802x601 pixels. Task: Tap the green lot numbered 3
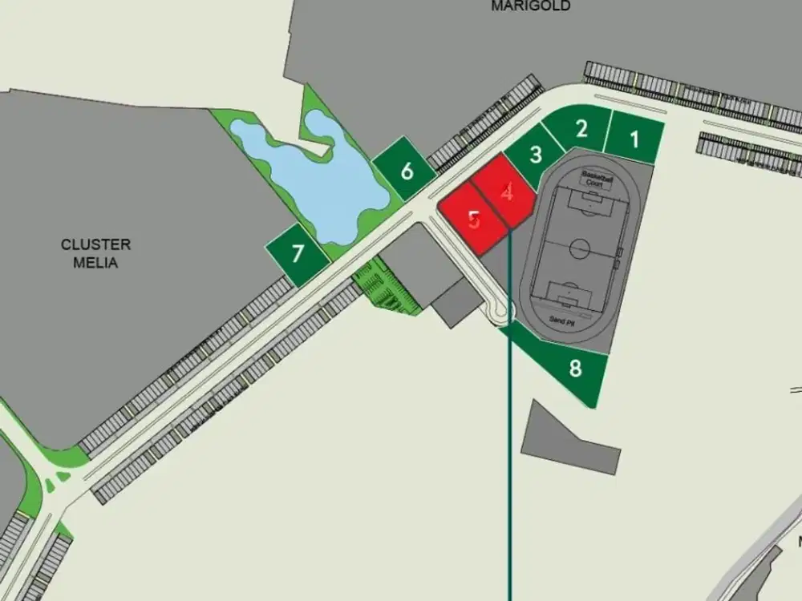pyautogui.click(x=535, y=154)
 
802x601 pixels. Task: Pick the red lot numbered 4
pyautogui.click(x=505, y=192)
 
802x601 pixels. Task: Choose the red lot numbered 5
pyautogui.click(x=474, y=219)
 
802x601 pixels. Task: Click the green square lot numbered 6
pyautogui.click(x=407, y=170)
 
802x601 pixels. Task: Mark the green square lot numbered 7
pyautogui.click(x=298, y=254)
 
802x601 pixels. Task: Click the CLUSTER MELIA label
pyautogui.click(x=95, y=253)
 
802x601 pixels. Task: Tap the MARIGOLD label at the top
pyautogui.click(x=531, y=6)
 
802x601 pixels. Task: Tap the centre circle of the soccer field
pyautogui.click(x=580, y=248)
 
